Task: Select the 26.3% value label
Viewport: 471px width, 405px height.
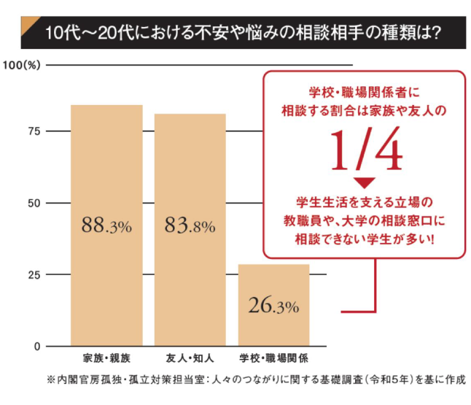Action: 273,306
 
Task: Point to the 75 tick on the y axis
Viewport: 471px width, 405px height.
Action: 32,131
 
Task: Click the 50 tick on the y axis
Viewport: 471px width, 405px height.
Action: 32,203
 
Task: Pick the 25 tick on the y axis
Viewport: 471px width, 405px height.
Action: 32,274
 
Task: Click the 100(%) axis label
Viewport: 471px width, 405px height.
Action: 25,65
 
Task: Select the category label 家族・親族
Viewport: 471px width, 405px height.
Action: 106,359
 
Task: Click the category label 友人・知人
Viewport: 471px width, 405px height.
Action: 190,359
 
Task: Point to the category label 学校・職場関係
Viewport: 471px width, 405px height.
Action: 274,359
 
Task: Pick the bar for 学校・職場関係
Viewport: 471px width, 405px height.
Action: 274,292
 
